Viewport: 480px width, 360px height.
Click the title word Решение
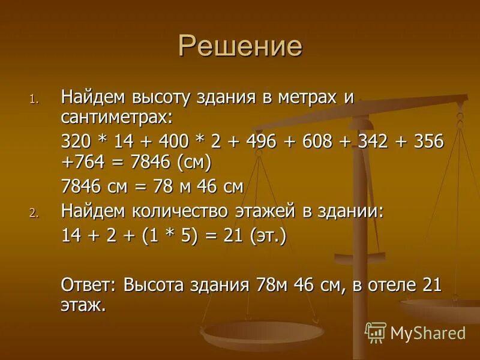240,47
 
